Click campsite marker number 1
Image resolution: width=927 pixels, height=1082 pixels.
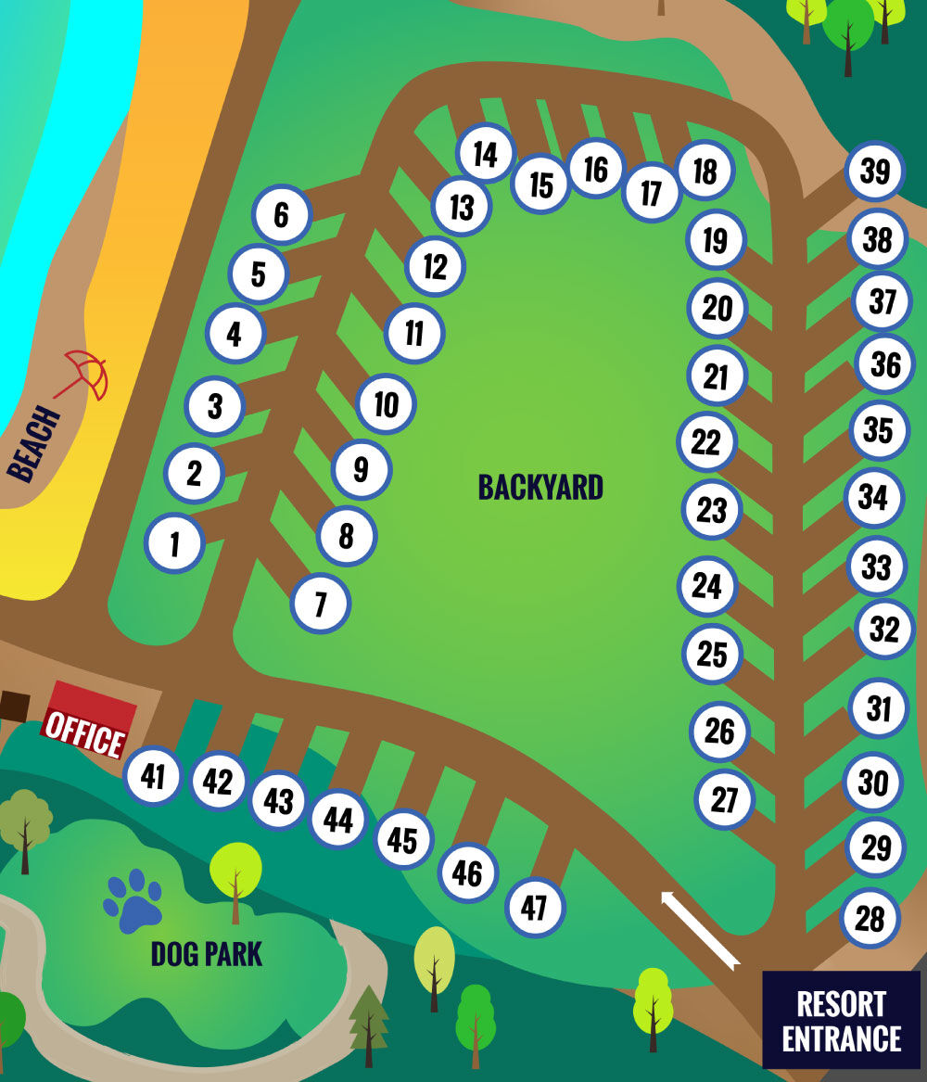pos(175,542)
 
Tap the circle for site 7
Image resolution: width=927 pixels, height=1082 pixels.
pos(321,604)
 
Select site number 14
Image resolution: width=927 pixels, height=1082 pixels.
pos(486,153)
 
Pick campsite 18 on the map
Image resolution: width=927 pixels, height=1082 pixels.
pos(705,172)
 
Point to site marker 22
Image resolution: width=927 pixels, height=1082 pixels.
pos(707,442)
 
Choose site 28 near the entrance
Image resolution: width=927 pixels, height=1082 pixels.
pos(870,918)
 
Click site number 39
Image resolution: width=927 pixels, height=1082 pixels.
pos(875,172)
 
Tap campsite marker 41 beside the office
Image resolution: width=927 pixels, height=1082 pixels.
pos(153,775)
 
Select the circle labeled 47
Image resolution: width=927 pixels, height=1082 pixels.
pos(535,907)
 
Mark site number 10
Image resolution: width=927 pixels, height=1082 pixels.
pos(387,403)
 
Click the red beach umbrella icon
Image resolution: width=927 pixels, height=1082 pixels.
pos(85,374)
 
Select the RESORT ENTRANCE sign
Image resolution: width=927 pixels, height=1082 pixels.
pos(841,1020)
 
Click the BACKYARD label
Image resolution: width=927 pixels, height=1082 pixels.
pos(540,487)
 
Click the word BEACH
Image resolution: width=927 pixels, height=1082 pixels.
pos(33,444)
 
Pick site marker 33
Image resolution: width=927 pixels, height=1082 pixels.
pos(876,566)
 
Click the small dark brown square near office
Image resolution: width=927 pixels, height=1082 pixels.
pos(14,706)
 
